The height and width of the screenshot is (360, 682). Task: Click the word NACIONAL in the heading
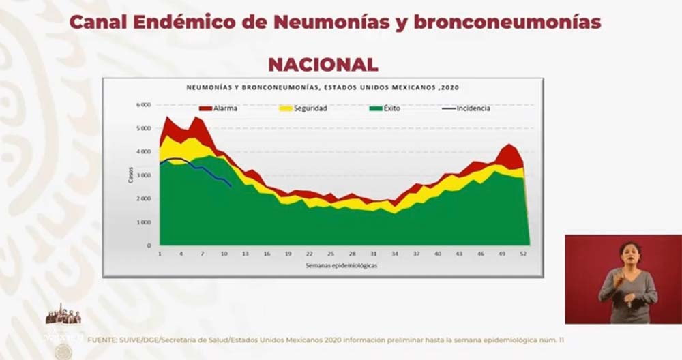coord(323,65)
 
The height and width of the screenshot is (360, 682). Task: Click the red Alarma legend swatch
coord(205,108)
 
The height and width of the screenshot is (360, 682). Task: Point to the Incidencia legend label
coord(473,108)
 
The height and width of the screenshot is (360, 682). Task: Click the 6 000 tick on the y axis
coord(143,105)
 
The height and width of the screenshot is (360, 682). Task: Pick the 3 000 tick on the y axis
coord(143,175)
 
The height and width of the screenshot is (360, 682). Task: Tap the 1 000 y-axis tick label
coord(143,222)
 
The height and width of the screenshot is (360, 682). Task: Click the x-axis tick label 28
coord(352,253)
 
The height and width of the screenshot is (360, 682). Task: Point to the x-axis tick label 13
coord(245,253)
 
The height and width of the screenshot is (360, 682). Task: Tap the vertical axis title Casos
coord(130,175)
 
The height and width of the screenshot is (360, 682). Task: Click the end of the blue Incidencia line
coord(231,185)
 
